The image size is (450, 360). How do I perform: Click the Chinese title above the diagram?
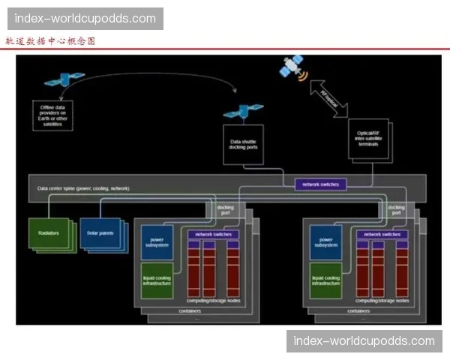pyautogui.click(x=50, y=41)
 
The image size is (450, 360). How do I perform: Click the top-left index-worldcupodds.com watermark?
pyautogui.click(x=85, y=18)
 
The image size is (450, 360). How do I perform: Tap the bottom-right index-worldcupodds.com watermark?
pyautogui.click(x=363, y=341)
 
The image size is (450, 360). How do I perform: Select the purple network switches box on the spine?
pyautogui.click(x=320, y=184)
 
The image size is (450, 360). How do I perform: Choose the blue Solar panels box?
pyautogui.click(x=99, y=233)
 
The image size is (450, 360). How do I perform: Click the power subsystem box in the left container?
pyautogui.click(x=157, y=241)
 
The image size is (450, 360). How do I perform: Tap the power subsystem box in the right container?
pyautogui.click(x=325, y=241)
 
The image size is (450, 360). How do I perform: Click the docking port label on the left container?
pyautogui.click(x=226, y=211)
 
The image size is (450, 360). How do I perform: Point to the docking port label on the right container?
pyautogui.click(x=397, y=211)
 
